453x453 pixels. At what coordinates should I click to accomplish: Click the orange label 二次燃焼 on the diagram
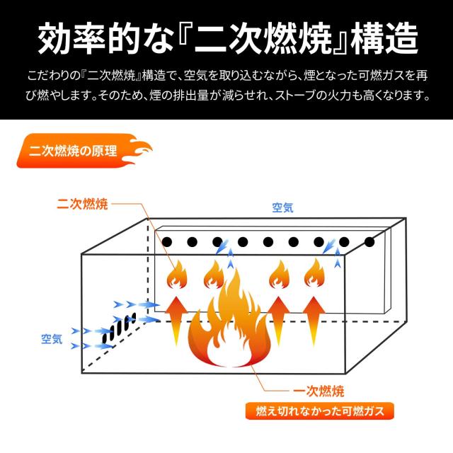tap(81, 205)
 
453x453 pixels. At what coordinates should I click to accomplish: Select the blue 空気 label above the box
tap(283, 207)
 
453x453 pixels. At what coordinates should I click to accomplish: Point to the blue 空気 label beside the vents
tap(52, 339)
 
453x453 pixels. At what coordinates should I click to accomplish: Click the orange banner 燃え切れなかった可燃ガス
tap(319, 411)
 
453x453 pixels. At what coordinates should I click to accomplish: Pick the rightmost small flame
tap(314, 274)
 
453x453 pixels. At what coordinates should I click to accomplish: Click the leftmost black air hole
tap(168, 243)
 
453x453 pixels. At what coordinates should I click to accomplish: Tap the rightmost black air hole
tap(369, 242)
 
